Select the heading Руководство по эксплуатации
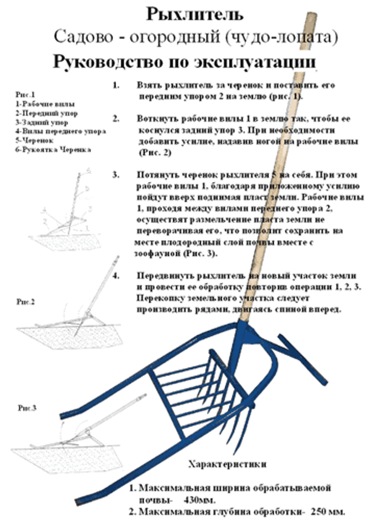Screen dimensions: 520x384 [184, 62]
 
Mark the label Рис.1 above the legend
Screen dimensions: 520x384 [25, 95]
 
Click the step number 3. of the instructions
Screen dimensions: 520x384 [116, 175]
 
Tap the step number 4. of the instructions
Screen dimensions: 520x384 [116, 276]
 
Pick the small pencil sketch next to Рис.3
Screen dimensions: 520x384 [72, 432]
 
